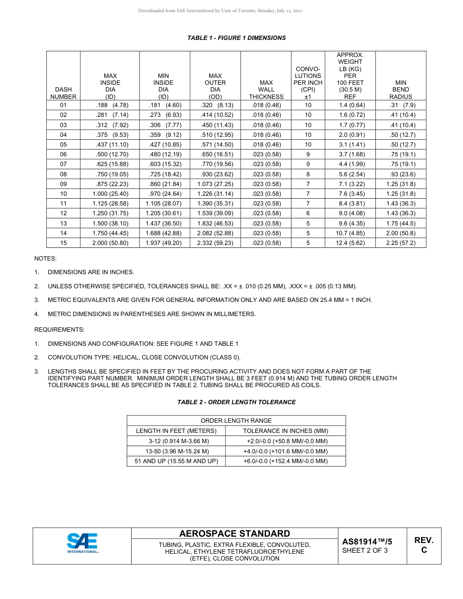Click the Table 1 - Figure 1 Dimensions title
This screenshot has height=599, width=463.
point(236,38)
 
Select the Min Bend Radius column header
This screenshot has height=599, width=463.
point(401,90)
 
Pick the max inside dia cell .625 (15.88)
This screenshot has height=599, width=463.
point(110,164)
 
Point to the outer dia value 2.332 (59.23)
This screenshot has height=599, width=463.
point(215,243)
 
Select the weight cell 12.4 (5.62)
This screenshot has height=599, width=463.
point(350,243)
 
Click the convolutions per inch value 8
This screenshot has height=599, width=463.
point(308,174)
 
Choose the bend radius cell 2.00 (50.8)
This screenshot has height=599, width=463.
point(401,233)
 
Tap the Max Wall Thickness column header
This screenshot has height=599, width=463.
point(266,90)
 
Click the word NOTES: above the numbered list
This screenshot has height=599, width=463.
point(45,259)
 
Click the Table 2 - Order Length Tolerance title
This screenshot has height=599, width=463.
point(236,402)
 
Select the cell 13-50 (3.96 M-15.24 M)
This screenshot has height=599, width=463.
point(176,451)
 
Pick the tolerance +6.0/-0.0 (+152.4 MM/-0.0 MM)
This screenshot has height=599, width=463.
point(285,461)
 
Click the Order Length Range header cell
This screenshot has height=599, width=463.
point(236,421)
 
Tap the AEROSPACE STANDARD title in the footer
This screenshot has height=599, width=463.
point(234,534)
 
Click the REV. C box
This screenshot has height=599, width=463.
point(424,545)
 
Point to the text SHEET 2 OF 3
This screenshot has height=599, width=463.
point(365,551)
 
